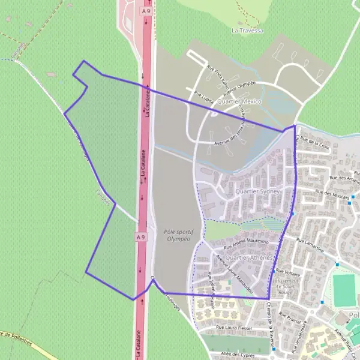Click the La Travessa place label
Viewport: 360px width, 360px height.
coord(247,30)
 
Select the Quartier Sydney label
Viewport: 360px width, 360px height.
coord(259,191)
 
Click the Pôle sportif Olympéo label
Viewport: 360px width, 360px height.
coord(176,235)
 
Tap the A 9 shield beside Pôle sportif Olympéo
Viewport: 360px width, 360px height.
coord(140,238)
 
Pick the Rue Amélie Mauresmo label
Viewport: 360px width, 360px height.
coord(246,244)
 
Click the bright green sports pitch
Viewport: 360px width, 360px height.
coord(344,290)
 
